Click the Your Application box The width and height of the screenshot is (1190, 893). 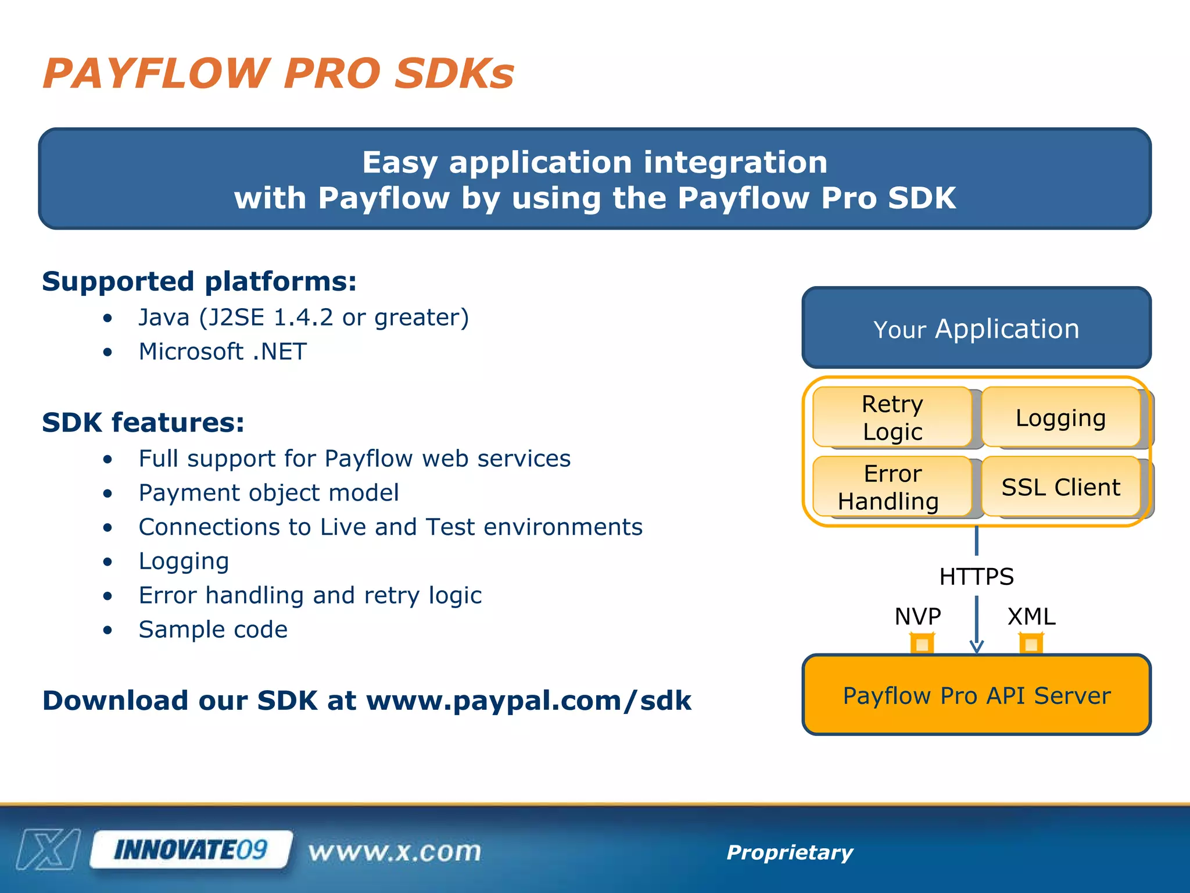click(976, 328)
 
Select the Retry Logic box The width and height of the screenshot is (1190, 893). click(892, 417)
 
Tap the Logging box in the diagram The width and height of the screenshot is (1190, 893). click(1060, 417)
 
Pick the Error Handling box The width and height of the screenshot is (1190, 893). click(892, 487)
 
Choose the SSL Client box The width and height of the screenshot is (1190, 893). click(1060, 487)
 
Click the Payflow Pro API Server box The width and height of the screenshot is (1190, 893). click(976, 695)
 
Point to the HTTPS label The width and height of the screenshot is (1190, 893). click(976, 577)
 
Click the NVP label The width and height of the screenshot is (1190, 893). click(917, 616)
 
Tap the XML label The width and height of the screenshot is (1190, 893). click(1031, 616)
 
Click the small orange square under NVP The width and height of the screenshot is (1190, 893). click(922, 644)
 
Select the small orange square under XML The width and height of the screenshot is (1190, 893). click(1031, 644)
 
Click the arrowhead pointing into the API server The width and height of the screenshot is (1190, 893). click(977, 646)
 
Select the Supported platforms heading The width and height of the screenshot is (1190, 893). click(199, 281)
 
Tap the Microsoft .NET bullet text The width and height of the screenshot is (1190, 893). click(223, 352)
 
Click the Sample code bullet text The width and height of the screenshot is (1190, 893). click(213, 630)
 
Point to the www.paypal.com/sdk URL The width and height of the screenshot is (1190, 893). click(528, 701)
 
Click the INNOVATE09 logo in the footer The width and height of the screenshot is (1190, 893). click(191, 850)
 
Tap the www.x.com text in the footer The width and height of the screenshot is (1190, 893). click(395, 852)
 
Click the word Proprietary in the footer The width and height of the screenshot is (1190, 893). click(790, 852)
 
